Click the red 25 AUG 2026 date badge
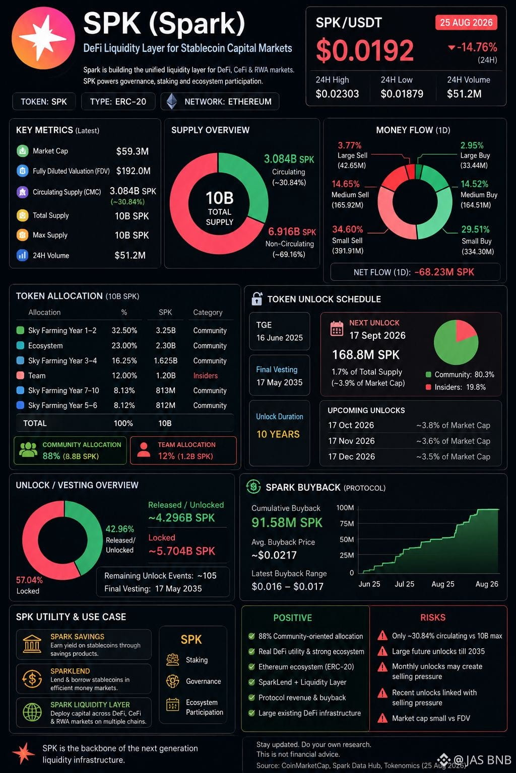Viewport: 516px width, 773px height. [x=466, y=23]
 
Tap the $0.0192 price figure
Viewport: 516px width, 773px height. [x=365, y=50]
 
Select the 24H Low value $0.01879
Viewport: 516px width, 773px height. [x=402, y=94]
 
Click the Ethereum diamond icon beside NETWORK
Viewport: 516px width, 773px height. [x=172, y=102]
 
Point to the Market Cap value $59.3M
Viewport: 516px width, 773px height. [x=133, y=151]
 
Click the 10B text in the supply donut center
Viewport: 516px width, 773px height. [x=220, y=198]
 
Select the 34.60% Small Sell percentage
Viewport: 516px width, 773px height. [x=347, y=229]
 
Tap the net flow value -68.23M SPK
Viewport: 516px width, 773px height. [x=444, y=272]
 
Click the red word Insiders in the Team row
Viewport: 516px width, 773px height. [x=205, y=375]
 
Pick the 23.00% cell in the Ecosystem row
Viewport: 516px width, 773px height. [x=124, y=345]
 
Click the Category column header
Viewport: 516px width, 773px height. [x=208, y=313]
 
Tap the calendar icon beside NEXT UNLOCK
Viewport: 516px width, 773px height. [x=337, y=328]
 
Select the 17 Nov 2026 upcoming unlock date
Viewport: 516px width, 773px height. [x=351, y=441]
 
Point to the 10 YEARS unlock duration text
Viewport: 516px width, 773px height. [x=278, y=434]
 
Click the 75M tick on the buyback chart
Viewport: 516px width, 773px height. [x=347, y=523]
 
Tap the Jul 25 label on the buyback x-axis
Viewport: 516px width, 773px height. [x=404, y=584]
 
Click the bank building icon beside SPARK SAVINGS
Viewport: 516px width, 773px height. [x=32, y=644]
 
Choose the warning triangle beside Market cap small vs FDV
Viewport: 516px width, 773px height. [x=382, y=718]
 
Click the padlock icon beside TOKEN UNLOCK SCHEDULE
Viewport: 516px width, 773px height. [x=256, y=298]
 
